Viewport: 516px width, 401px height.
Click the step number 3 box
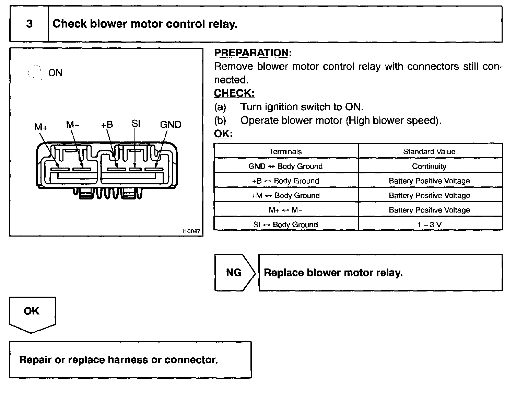pyautogui.click(x=29, y=24)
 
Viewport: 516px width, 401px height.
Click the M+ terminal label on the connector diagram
pyautogui.click(x=41, y=127)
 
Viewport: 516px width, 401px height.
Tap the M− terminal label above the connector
pyautogui.click(x=73, y=125)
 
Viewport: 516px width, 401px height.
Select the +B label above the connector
pyautogui.click(x=107, y=125)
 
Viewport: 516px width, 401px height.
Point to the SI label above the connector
pyautogui.click(x=136, y=124)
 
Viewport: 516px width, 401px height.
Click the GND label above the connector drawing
pyautogui.click(x=171, y=125)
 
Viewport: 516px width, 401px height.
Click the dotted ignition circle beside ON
pyautogui.click(x=36, y=73)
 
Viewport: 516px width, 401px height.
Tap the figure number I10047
pyautogui.click(x=191, y=231)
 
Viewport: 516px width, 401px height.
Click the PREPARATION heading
pyautogui.click(x=253, y=53)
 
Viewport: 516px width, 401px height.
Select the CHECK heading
pyautogui.click(x=234, y=93)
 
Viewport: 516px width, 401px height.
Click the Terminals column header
pyautogui.click(x=285, y=151)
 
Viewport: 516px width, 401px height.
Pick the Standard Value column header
pyautogui.click(x=429, y=151)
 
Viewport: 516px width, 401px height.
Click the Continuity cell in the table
pyautogui.click(x=429, y=166)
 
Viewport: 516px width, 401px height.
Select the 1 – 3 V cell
pyautogui.click(x=429, y=225)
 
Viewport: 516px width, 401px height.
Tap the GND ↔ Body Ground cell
pyautogui.click(x=285, y=166)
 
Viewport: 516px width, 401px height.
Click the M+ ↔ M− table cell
pyautogui.click(x=285, y=210)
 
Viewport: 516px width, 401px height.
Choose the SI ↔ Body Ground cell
pyautogui.click(x=285, y=225)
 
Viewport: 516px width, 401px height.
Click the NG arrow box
pyautogui.click(x=234, y=273)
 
